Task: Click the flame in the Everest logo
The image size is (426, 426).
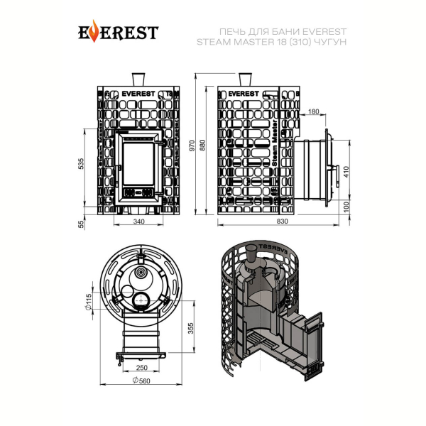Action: point(94,31)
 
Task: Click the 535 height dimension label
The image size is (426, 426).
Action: point(81,164)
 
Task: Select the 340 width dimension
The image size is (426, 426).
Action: point(139,222)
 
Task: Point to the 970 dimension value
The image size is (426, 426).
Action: point(192,146)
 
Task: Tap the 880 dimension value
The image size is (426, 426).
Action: point(202,146)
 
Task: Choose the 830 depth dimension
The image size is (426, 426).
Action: point(283,222)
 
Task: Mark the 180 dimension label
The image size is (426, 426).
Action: point(314,111)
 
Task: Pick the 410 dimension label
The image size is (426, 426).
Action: point(346,172)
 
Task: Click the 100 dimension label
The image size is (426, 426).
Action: point(346,207)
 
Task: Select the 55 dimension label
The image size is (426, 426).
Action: point(81,224)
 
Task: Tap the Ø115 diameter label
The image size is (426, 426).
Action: point(89,302)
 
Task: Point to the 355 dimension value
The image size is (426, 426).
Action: point(191,328)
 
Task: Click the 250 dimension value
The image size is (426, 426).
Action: point(141,368)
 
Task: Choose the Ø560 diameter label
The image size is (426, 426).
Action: point(141,381)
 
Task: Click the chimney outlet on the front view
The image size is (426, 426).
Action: point(138,80)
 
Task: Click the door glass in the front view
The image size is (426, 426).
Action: point(138,164)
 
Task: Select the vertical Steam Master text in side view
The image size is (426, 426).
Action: point(275,143)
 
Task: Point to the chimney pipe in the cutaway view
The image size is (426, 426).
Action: point(251,255)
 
